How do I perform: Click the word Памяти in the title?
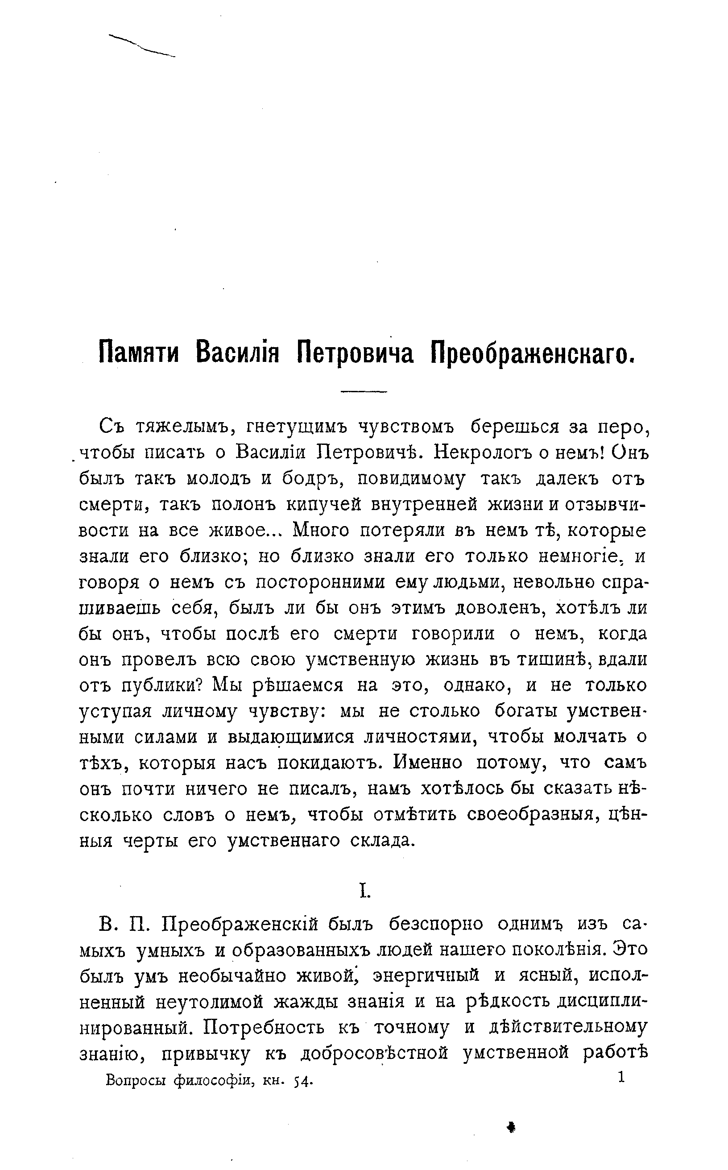click(x=138, y=354)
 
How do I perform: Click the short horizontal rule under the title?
click(x=364, y=391)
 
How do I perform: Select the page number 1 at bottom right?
click(x=621, y=1077)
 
